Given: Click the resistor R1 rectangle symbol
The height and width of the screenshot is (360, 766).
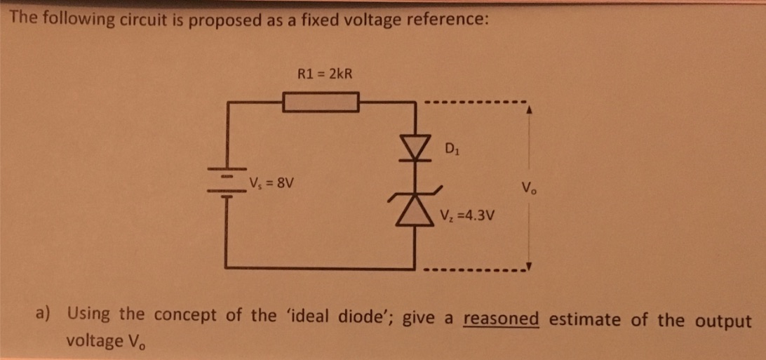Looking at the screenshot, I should pyautogui.click(x=321, y=102).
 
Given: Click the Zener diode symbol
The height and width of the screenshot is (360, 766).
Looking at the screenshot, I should pyautogui.click(x=420, y=205).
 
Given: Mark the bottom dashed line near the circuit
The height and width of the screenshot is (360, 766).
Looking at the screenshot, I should pyautogui.click(x=474, y=269).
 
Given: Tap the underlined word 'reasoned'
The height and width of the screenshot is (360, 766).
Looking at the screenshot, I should pyautogui.click(x=501, y=319).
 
